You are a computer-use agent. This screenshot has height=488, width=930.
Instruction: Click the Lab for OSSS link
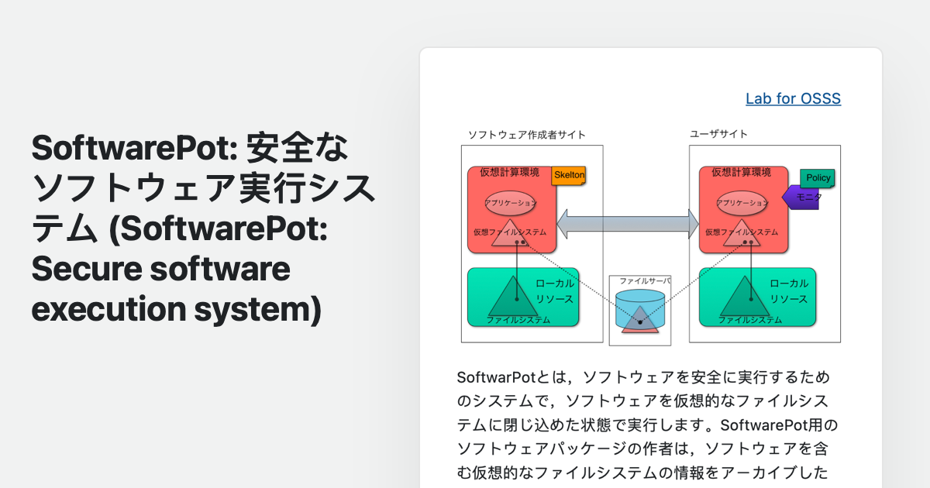click(793, 98)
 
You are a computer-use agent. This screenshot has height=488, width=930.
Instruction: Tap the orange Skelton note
click(569, 176)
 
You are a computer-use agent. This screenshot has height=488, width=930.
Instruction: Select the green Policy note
click(818, 178)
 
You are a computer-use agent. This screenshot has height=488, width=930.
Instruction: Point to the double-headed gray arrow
click(628, 223)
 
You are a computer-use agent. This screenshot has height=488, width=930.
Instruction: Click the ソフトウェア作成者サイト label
click(526, 135)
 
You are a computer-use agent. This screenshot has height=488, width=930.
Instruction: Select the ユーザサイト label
click(718, 134)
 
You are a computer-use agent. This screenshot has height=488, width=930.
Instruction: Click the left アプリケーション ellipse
click(510, 203)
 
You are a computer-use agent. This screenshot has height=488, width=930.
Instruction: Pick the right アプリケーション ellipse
click(742, 203)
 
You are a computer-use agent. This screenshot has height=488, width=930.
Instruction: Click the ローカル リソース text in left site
click(555, 291)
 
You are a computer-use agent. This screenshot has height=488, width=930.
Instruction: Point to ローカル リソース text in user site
click(788, 291)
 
